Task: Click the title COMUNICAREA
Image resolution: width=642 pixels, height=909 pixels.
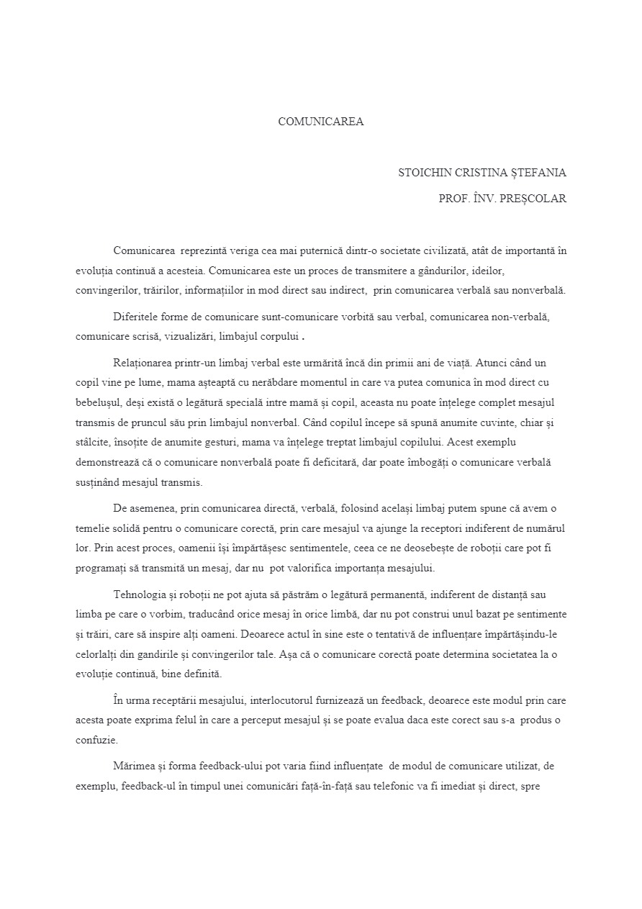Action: (321, 122)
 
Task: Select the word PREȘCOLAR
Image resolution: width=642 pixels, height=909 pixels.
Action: (536, 199)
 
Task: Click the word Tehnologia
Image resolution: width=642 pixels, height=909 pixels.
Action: (141, 594)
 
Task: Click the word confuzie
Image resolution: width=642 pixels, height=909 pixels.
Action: (96, 739)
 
